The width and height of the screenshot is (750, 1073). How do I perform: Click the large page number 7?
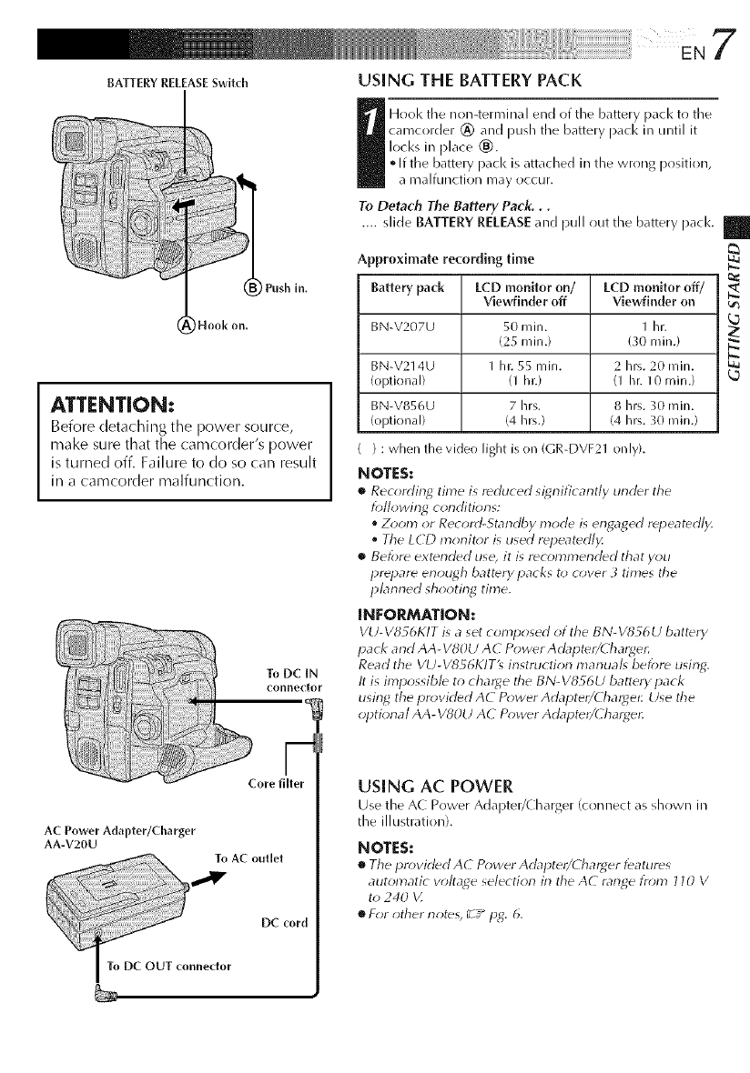coord(725,42)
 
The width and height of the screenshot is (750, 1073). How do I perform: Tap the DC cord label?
coord(283,922)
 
